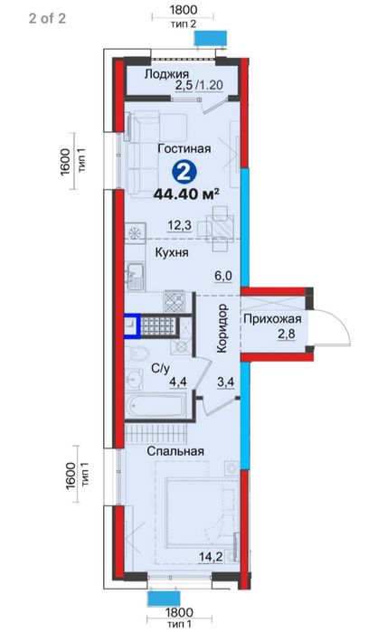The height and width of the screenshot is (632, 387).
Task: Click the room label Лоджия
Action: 166,74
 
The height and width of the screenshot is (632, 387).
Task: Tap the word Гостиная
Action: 184,148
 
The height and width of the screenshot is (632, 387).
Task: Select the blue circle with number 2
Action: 184,173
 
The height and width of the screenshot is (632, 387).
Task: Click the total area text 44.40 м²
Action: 186,193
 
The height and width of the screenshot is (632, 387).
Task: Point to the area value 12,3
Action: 180,225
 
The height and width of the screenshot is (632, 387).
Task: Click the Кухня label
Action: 172,253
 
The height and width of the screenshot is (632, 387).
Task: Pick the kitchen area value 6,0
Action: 223,276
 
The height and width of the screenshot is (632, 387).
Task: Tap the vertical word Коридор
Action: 222,328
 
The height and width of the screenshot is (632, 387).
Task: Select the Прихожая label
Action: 272,319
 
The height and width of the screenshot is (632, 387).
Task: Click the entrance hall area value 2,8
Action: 287,334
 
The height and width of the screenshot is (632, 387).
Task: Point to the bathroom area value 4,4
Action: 178,382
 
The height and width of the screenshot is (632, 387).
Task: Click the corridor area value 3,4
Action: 226,382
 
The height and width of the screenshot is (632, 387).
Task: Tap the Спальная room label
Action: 175,451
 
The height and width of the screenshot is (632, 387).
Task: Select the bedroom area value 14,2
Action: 211,557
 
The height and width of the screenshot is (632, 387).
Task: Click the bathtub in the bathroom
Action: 156,406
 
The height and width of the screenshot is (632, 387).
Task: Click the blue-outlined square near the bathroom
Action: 132,325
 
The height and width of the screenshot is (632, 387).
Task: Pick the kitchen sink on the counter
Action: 134,276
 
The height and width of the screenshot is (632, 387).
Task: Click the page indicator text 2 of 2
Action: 47,18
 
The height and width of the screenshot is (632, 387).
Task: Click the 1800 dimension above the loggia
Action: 183,9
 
